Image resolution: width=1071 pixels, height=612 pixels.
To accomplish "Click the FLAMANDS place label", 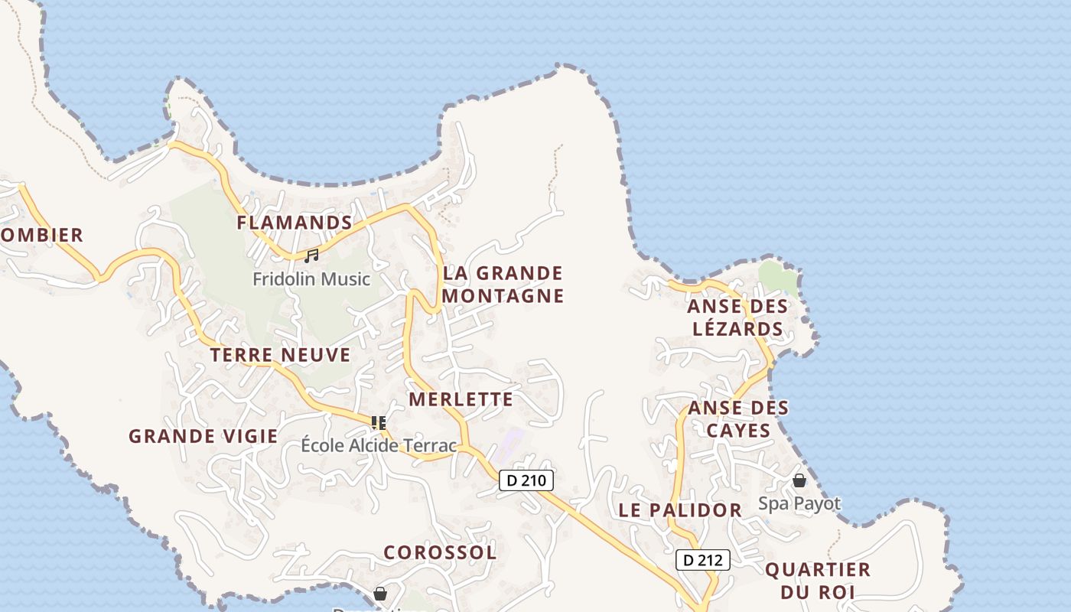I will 295,223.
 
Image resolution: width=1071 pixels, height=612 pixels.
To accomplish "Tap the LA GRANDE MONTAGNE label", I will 503,285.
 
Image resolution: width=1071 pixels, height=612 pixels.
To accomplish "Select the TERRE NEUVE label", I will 280,355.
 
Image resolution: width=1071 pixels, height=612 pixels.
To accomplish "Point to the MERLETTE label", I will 461,399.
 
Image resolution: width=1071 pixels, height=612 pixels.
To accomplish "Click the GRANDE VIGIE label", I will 203,436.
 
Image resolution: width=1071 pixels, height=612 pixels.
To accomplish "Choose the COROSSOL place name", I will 440,552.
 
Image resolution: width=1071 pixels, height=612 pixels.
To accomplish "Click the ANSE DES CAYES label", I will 738,419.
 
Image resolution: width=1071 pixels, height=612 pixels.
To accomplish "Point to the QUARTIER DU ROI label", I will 818,581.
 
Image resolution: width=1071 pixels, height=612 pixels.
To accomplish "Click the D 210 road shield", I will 526,480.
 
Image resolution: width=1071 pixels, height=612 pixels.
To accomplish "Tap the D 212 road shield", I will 703,560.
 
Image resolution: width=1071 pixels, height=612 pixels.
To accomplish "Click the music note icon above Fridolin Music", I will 311,256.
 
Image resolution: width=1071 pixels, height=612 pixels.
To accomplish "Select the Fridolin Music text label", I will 311,279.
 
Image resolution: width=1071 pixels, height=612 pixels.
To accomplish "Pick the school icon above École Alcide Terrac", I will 378,422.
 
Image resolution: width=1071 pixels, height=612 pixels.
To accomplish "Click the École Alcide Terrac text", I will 379,445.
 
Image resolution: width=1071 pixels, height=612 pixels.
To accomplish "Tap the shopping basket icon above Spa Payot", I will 799,480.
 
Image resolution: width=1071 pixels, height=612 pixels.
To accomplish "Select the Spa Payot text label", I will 799,503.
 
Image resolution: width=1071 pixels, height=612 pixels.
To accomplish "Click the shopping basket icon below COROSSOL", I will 379,594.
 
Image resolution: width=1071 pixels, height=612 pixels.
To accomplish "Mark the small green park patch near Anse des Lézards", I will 778,278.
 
